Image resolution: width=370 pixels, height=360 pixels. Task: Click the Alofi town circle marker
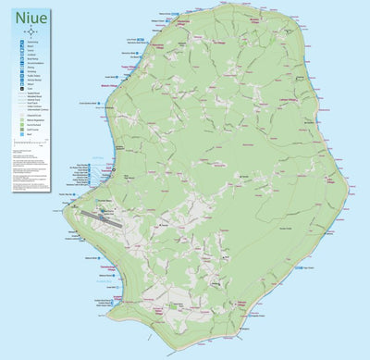pyautogui.click(x=113, y=170)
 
